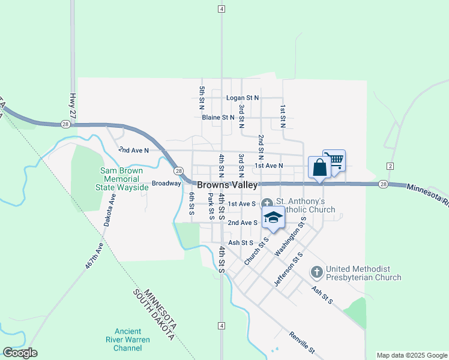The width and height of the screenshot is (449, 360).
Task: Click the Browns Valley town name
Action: pos(228,185)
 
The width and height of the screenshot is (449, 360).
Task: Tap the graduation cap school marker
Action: pos(273,218)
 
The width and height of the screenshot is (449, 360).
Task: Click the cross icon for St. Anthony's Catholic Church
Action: pos(267,202)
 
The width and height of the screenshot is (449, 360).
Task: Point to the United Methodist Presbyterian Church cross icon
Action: pos(316,272)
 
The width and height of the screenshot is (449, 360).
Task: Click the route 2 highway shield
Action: pos(390,166)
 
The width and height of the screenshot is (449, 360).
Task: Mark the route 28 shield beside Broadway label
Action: pos(178,171)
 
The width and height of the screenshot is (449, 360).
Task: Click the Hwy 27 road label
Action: pos(73,104)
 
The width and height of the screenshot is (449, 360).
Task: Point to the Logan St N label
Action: pos(242,97)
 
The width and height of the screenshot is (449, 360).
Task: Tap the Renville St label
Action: pos(301,341)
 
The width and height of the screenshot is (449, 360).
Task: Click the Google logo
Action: pos(20,353)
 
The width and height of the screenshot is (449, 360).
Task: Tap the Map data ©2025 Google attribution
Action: pos(411,355)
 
